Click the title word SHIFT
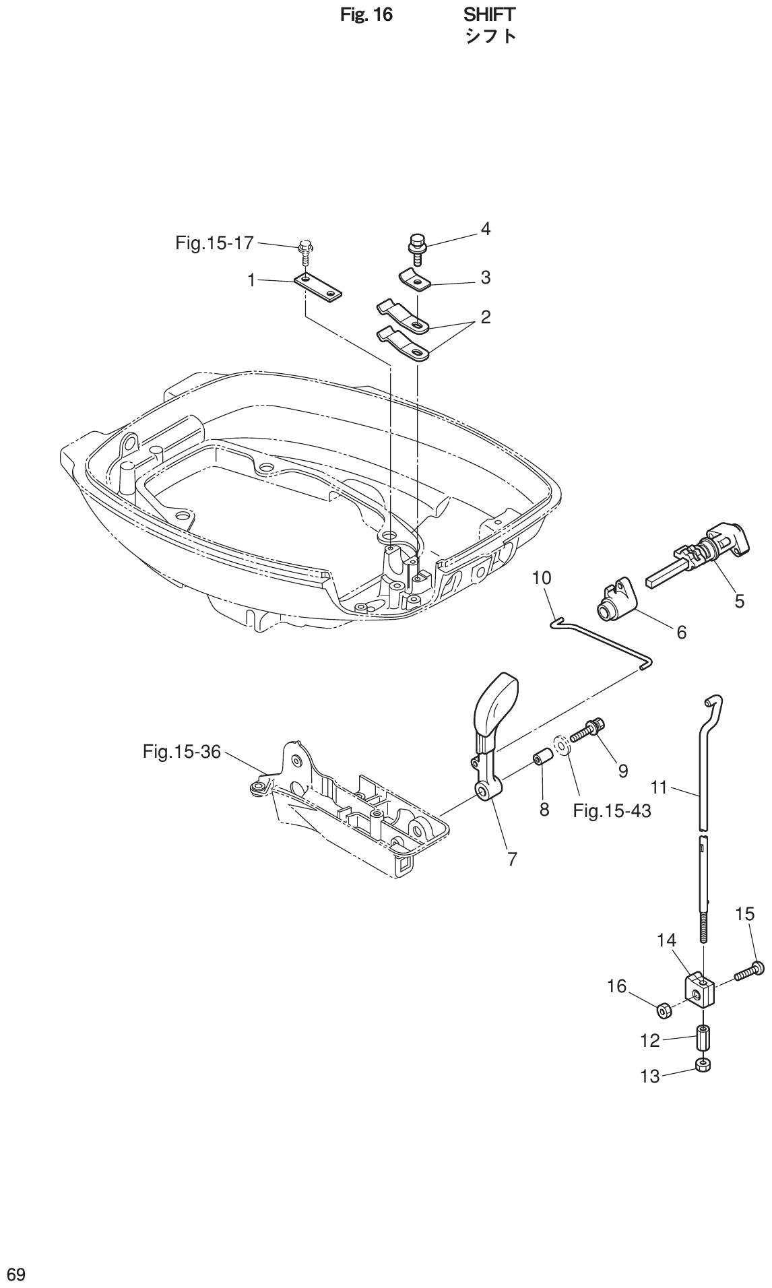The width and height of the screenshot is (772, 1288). pyautogui.click(x=490, y=14)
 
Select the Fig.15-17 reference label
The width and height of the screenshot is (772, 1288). pyautogui.click(x=214, y=243)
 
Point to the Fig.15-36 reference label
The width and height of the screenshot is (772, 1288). pyautogui.click(x=182, y=751)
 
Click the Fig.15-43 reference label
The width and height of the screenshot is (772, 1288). pyautogui.click(x=612, y=810)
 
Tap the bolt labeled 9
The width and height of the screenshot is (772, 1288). pyautogui.click(x=587, y=732)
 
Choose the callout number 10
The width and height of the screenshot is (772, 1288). pyautogui.click(x=541, y=577)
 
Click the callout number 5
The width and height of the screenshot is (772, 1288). pyautogui.click(x=740, y=602)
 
